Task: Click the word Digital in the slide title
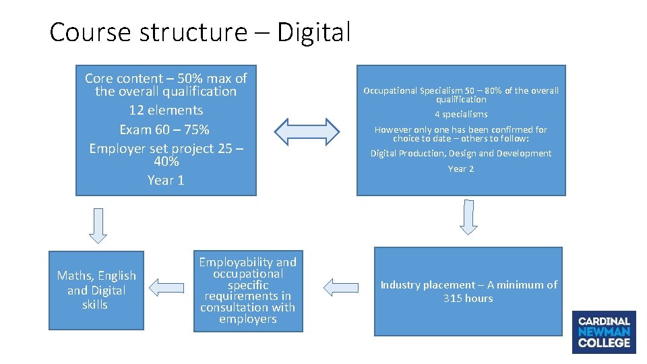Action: [x=313, y=32]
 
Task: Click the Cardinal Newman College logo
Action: [x=604, y=332]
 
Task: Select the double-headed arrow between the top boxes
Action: [x=307, y=131]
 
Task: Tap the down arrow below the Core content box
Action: [x=98, y=225]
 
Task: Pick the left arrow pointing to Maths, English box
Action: [x=167, y=288]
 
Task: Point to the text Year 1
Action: [x=166, y=180]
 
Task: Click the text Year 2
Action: [x=461, y=169]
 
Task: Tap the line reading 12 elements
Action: [x=166, y=110]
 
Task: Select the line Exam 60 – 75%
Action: [x=164, y=129]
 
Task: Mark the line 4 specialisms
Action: [x=461, y=114]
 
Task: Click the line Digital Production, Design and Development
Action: [x=461, y=153]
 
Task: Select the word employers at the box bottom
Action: [x=247, y=319]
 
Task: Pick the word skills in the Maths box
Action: [x=95, y=305]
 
